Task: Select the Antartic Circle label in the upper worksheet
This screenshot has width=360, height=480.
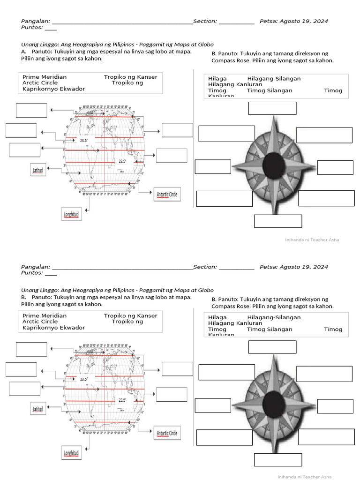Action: click(167, 194)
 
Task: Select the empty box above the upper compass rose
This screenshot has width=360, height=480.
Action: click(272, 108)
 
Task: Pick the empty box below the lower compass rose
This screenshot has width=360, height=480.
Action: click(277, 460)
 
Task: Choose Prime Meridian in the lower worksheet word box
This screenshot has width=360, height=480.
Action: click(45, 315)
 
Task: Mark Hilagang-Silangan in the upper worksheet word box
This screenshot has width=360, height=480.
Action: click(274, 79)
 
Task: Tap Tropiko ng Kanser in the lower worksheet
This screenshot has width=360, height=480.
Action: click(130, 315)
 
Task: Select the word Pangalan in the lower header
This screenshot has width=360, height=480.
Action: click(35, 267)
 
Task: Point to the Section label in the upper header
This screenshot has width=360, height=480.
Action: click(205, 21)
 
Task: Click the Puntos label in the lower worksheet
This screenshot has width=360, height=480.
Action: click(32, 273)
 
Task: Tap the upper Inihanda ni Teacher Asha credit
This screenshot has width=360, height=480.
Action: click(312, 240)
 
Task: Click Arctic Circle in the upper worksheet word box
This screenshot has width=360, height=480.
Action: click(40, 82)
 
